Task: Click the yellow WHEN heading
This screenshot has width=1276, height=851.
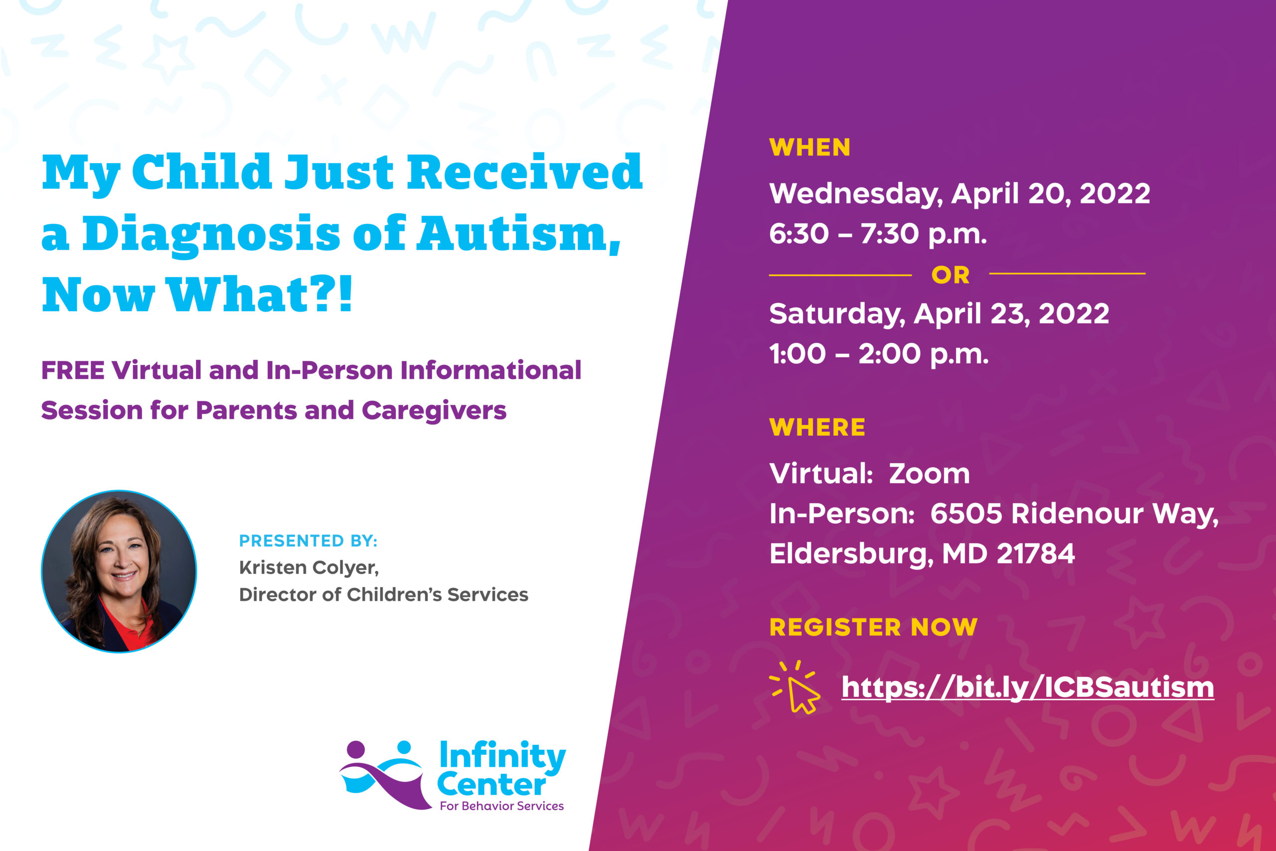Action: click(809, 148)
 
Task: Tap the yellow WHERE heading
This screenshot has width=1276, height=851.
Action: click(817, 428)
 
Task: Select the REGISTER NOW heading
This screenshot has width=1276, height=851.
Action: click(873, 627)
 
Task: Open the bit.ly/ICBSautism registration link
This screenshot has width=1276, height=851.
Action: click(1027, 687)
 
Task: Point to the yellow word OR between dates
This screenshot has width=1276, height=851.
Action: click(951, 275)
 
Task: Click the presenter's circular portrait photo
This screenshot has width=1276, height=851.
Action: click(119, 571)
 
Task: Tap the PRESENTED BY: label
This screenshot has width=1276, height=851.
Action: click(308, 540)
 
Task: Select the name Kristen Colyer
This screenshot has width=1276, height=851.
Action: click(308, 568)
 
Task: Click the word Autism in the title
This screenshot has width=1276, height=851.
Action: click(518, 234)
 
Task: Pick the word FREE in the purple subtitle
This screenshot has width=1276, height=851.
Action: click(73, 371)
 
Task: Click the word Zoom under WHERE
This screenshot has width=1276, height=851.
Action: click(929, 474)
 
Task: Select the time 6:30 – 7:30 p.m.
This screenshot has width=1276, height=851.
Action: click(878, 234)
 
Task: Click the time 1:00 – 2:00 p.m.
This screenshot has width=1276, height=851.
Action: click(879, 354)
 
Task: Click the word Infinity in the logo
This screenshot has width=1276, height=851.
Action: click(502, 756)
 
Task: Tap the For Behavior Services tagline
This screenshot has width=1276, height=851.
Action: click(502, 806)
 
